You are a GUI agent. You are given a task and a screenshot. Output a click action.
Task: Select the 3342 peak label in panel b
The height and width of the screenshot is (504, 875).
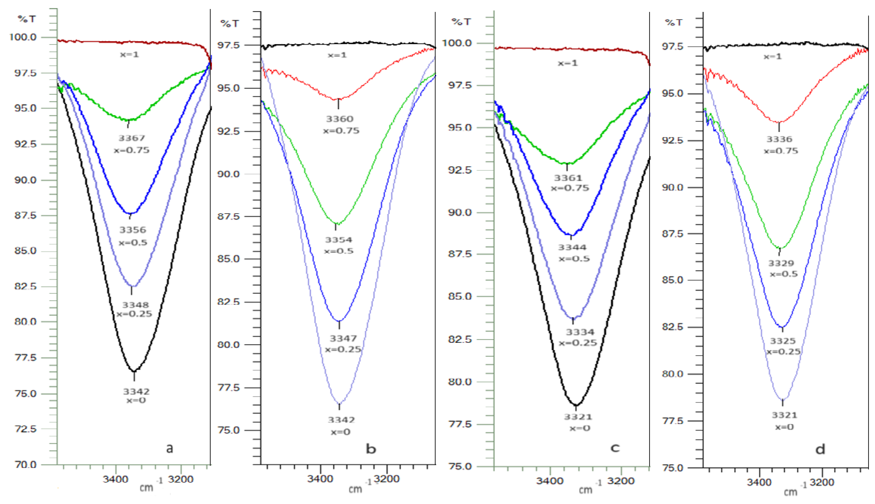341,420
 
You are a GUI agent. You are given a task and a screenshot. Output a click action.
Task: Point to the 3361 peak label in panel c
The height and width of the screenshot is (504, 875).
568,178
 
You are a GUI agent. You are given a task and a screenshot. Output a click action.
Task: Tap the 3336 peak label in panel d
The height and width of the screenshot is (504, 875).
779,139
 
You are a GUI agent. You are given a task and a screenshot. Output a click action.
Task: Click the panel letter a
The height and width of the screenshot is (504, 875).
169,448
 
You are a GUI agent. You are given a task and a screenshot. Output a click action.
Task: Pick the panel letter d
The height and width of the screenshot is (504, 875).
820,449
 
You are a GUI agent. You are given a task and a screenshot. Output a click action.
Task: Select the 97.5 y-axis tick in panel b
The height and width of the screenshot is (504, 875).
228,45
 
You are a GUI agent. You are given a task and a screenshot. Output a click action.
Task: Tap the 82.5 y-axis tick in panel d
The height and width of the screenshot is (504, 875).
673,327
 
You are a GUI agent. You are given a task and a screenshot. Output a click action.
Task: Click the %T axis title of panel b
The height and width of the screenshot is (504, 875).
230,24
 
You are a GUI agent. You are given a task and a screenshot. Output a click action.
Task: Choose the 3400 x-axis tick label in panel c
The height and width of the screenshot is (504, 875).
549,481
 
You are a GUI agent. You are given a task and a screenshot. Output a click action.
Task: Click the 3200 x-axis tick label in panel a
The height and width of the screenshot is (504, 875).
181,479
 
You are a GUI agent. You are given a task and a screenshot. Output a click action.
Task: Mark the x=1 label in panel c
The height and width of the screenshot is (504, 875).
568,63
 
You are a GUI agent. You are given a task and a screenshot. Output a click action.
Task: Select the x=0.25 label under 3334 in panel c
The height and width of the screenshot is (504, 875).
578,343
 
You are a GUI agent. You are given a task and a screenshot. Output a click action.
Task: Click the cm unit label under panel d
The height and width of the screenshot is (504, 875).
790,492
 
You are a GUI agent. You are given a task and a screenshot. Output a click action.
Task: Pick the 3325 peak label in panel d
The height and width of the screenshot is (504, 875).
783,341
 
